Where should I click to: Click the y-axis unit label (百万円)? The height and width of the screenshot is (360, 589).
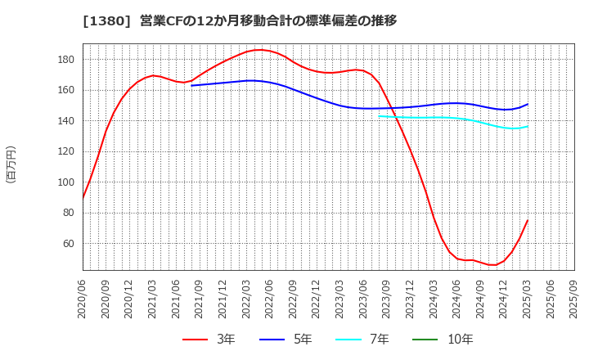(11, 164)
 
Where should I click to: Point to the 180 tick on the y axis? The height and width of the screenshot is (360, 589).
(67, 60)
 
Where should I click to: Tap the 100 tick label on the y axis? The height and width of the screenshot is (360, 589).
(67, 182)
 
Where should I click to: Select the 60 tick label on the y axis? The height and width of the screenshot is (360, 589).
(70, 244)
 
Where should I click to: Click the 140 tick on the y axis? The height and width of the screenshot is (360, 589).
(67, 121)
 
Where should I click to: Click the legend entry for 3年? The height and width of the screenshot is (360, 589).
(209, 340)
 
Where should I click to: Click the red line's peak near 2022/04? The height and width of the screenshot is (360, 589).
(259, 50)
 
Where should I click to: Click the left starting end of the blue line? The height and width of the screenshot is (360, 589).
(191, 85)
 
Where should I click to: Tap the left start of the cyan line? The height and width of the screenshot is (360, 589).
(379, 115)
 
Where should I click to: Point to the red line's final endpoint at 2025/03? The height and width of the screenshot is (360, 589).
(528, 220)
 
